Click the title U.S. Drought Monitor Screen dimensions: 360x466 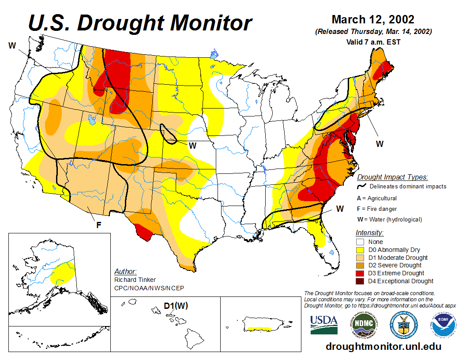[140, 23]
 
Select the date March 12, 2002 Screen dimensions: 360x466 [373, 20]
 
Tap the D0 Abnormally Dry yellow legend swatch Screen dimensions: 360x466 [360, 250]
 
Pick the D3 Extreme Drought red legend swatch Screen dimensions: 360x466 [360, 273]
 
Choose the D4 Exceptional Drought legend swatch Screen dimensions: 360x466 [360, 281]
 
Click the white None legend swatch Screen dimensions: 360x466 [360, 242]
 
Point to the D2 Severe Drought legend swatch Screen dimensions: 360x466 [360, 265]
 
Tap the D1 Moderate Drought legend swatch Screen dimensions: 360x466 [360, 258]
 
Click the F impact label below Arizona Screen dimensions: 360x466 [99, 225]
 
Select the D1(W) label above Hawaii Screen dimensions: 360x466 [176, 306]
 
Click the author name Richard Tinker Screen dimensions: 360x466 [135, 280]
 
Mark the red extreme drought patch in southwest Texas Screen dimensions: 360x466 [144, 232]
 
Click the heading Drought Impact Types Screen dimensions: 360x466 [392, 177]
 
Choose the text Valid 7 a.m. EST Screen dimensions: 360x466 [373, 42]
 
